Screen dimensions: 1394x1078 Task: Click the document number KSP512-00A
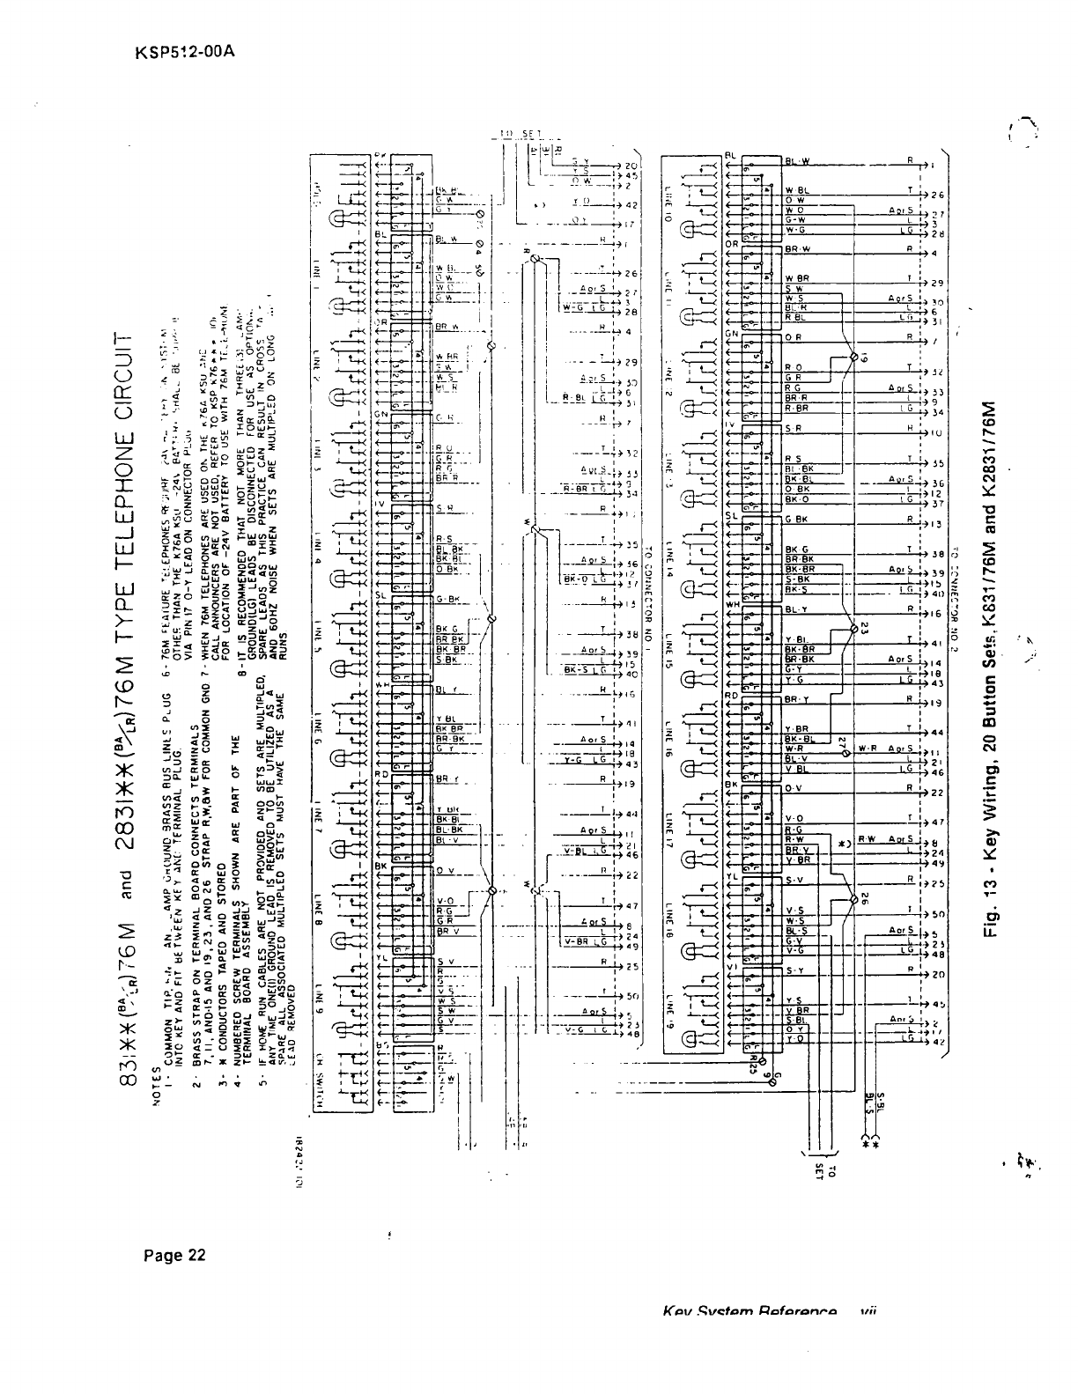(x=185, y=51)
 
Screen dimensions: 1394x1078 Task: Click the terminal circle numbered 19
(x=853, y=358)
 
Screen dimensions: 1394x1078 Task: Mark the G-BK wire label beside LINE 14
(x=797, y=520)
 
